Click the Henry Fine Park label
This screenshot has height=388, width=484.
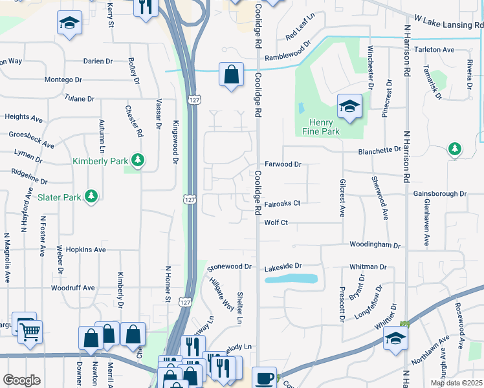pos(317,127)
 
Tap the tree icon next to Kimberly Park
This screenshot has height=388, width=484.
pos(137,159)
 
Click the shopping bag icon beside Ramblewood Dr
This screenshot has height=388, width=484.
pos(231,74)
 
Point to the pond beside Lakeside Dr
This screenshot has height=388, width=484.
pos(291,279)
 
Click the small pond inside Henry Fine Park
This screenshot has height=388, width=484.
pos(301,107)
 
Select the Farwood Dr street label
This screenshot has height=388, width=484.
pos(283,165)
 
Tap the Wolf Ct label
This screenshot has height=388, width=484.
pos(276,222)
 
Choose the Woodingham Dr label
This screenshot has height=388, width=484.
pos(375,246)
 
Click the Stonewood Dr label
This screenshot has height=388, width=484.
pos(229,266)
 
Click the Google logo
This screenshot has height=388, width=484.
pos(21,380)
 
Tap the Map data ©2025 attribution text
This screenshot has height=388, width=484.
pos(456,383)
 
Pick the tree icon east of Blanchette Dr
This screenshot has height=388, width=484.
pos(455,149)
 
